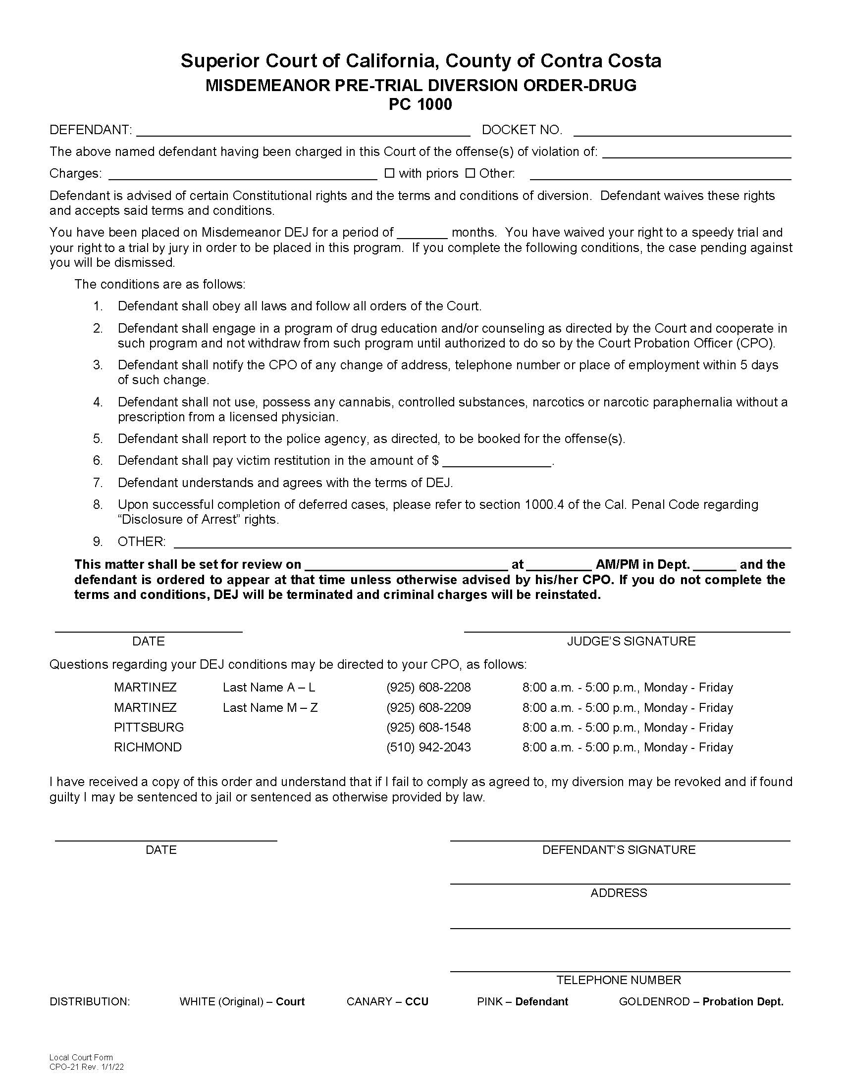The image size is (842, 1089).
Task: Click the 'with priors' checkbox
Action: [x=390, y=173]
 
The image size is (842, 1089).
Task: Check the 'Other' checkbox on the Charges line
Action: [x=470, y=173]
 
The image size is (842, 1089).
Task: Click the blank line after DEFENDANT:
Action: [x=303, y=132]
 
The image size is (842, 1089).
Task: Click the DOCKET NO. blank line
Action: [x=682, y=132]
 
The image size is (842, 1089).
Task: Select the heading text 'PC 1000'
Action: [x=421, y=105]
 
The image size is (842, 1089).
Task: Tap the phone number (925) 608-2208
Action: [x=428, y=687]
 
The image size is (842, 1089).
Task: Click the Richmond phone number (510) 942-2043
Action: [x=428, y=747]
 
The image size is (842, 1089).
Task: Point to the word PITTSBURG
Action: [x=149, y=727]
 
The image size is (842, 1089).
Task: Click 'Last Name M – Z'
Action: [x=270, y=707]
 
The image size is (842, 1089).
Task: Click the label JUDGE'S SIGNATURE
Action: [x=631, y=641]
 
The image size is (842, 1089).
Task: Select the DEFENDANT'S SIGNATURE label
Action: [x=619, y=849]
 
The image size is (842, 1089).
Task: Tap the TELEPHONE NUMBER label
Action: [x=619, y=980]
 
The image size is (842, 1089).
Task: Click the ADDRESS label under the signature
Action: [x=619, y=892]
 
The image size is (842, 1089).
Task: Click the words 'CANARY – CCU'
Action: [x=387, y=1002]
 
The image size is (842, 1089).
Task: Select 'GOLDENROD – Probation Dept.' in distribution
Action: [x=701, y=1002]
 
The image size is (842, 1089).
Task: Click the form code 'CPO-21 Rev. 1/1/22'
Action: [x=87, y=1068]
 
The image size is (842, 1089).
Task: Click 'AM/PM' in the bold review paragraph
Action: [x=617, y=564]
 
